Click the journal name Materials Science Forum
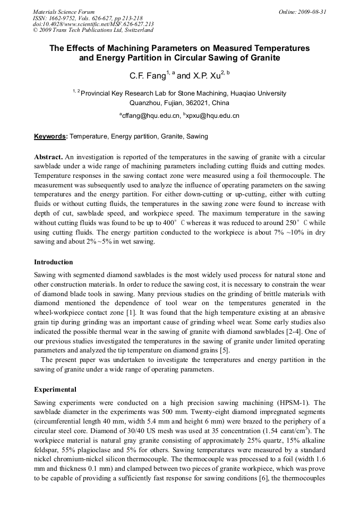point(63,12)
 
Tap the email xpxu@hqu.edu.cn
point(212,115)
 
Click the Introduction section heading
point(54,262)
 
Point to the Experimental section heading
point(55,390)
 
